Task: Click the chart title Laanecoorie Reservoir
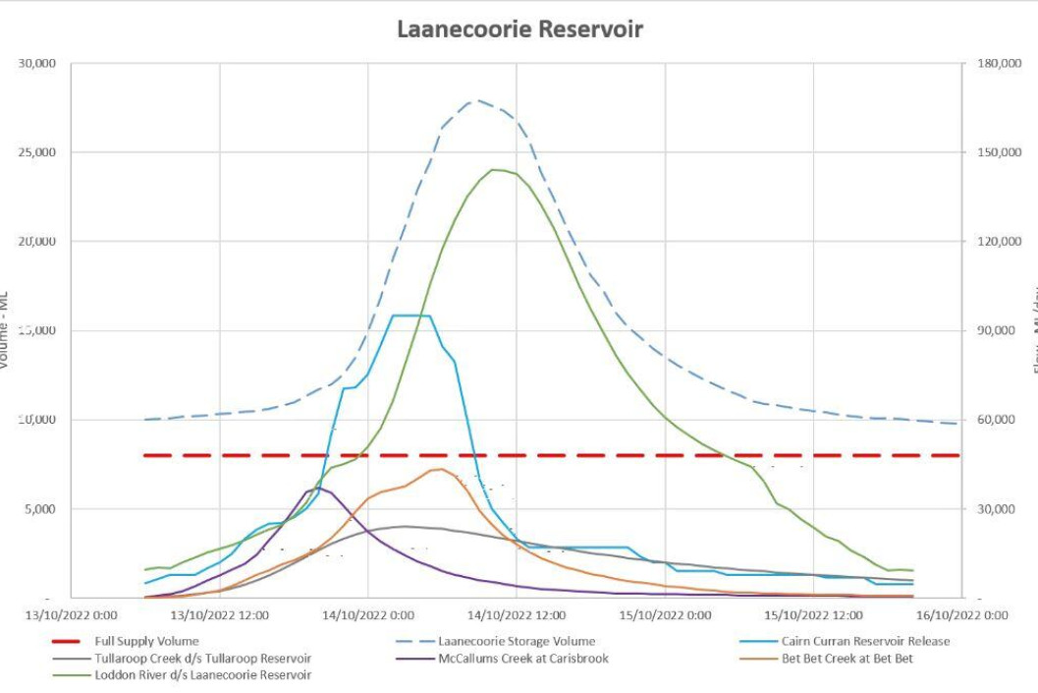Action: (x=519, y=29)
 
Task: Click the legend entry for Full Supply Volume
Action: (x=148, y=641)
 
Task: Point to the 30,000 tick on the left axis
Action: (x=37, y=63)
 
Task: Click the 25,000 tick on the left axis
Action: (x=37, y=152)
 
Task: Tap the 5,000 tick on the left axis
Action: (x=40, y=509)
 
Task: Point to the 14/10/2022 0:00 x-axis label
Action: (x=367, y=615)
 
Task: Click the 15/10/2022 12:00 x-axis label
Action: (x=814, y=615)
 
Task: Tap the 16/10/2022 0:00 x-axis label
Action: (x=962, y=615)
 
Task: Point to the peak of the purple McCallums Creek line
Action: (x=317, y=488)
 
